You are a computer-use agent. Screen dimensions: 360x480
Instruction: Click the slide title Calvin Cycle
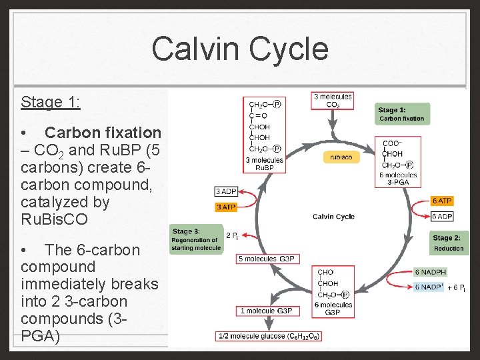coord(240,49)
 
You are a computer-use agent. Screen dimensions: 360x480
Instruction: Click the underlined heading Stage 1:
coord(51,102)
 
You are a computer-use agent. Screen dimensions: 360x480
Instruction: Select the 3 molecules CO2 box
coord(333,101)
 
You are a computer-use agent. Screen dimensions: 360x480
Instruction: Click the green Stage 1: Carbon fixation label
coord(401,114)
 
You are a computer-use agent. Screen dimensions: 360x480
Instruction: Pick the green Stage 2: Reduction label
coord(448,243)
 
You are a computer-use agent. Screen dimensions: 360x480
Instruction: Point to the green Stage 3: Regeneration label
coord(195,240)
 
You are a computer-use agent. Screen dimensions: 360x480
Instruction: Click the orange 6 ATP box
coord(442,201)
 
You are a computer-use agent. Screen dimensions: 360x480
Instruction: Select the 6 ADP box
coord(442,216)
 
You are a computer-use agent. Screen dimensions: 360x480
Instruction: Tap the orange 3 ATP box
coord(226,207)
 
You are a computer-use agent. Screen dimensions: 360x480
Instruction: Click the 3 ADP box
coord(226,192)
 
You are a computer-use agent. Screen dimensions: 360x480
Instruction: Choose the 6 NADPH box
coord(430,272)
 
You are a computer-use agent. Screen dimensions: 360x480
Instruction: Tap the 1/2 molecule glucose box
coord(269,336)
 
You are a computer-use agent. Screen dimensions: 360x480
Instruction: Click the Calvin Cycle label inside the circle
coord(333,217)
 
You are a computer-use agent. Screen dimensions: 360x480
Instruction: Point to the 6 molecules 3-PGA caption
coord(399,179)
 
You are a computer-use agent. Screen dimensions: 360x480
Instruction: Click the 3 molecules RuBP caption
coord(264,164)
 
